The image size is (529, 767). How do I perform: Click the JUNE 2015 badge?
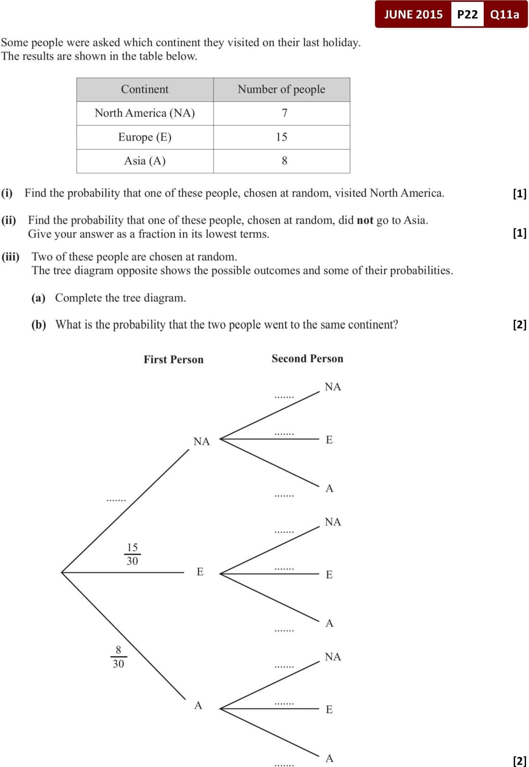(x=413, y=14)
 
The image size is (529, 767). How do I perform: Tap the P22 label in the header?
(x=467, y=14)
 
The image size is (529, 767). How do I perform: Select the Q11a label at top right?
(x=504, y=14)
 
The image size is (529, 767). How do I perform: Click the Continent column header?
(x=145, y=89)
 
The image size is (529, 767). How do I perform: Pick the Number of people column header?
(x=281, y=89)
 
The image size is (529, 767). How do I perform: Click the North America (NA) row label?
(x=145, y=113)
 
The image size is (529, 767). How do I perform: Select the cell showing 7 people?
(x=284, y=113)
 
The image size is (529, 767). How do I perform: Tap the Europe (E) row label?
(x=145, y=137)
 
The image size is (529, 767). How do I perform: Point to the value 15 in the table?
(x=281, y=137)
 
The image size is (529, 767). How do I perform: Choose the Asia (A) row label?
(x=145, y=161)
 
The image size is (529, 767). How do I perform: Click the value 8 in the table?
(x=284, y=161)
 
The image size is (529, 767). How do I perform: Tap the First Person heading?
(x=174, y=360)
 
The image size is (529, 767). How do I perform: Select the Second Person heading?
(x=307, y=359)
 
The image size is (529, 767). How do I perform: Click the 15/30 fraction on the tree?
(x=132, y=554)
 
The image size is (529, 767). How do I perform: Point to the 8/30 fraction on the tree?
(x=118, y=657)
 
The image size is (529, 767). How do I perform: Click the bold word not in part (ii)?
(x=365, y=220)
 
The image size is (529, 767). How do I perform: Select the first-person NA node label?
(x=202, y=441)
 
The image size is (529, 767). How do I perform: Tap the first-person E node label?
(x=200, y=572)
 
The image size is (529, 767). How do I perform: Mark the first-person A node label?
(x=198, y=705)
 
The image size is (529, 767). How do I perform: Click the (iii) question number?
(x=11, y=257)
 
